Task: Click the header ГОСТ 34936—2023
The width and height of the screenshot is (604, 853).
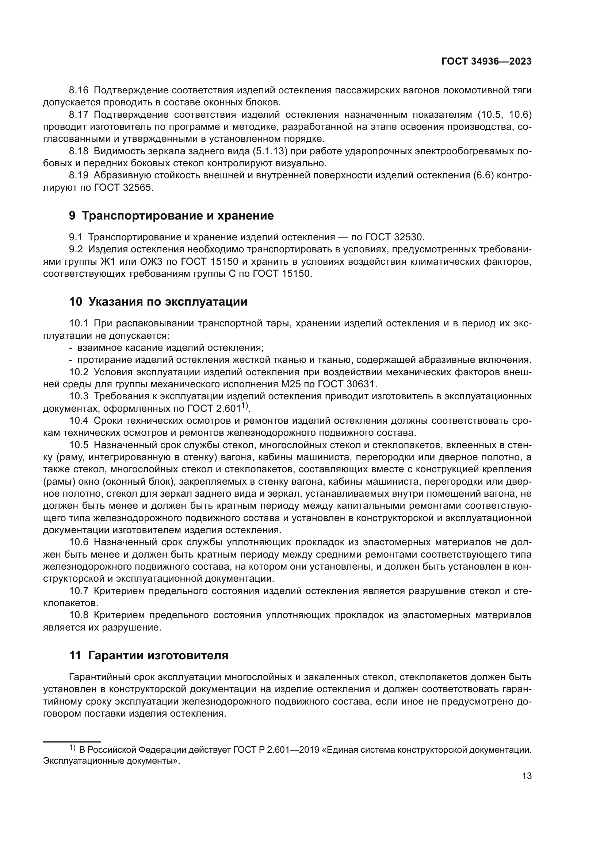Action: [486, 62]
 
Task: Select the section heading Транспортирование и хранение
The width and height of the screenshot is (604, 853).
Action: [177, 216]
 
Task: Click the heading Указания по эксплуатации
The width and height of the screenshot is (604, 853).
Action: [168, 302]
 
